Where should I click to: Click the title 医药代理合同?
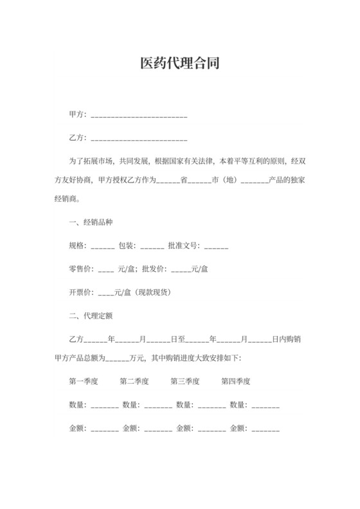pyautogui.click(x=179, y=64)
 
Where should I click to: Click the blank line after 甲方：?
pyautogui.click(x=139, y=117)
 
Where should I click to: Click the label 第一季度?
pyautogui.click(x=84, y=381)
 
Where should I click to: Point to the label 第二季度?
pyautogui.click(x=134, y=381)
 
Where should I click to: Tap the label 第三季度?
pyautogui.click(x=185, y=381)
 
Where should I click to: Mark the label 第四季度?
pyautogui.click(x=236, y=381)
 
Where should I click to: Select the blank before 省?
pyautogui.click(x=168, y=183)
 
